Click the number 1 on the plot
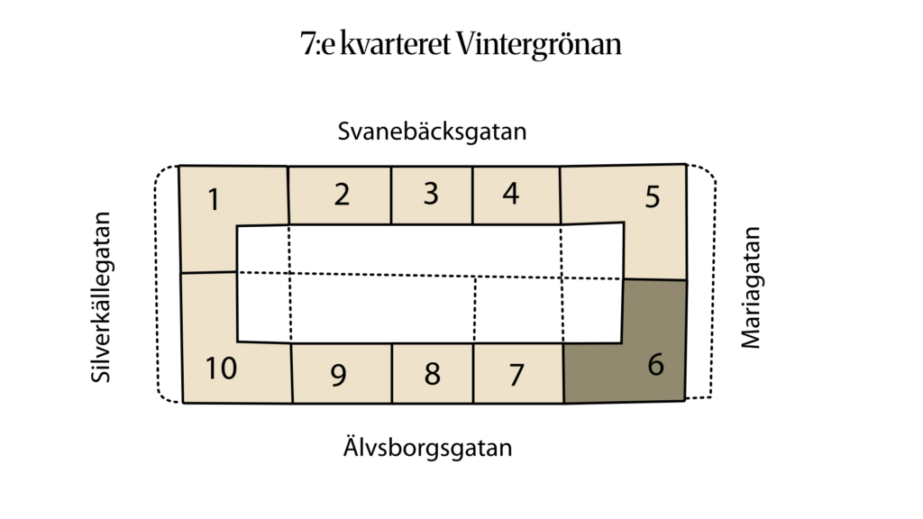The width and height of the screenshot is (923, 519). [x=215, y=199]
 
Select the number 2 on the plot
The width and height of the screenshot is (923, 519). [x=342, y=195]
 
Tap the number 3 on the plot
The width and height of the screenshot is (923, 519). [x=432, y=194]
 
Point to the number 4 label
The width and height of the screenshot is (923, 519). [x=511, y=194]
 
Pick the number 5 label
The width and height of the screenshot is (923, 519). [x=653, y=197]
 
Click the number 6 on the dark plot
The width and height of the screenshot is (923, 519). [x=656, y=364]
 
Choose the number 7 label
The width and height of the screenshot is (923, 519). [x=516, y=375]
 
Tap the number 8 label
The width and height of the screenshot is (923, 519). [x=432, y=374]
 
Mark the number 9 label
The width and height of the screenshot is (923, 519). [x=339, y=375]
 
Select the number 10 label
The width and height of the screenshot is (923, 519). [x=221, y=369]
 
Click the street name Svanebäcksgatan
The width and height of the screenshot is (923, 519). [x=432, y=132]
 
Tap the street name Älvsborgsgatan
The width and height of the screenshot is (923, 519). [x=428, y=447]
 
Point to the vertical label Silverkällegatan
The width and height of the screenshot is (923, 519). [x=101, y=297]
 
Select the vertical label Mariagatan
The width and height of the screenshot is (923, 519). [x=751, y=287]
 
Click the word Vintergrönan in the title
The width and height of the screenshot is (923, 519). [x=539, y=43]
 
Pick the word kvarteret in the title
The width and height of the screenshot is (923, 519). [x=396, y=43]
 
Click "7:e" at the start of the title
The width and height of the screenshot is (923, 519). [x=317, y=43]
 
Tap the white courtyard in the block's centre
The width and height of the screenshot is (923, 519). [x=430, y=283]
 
